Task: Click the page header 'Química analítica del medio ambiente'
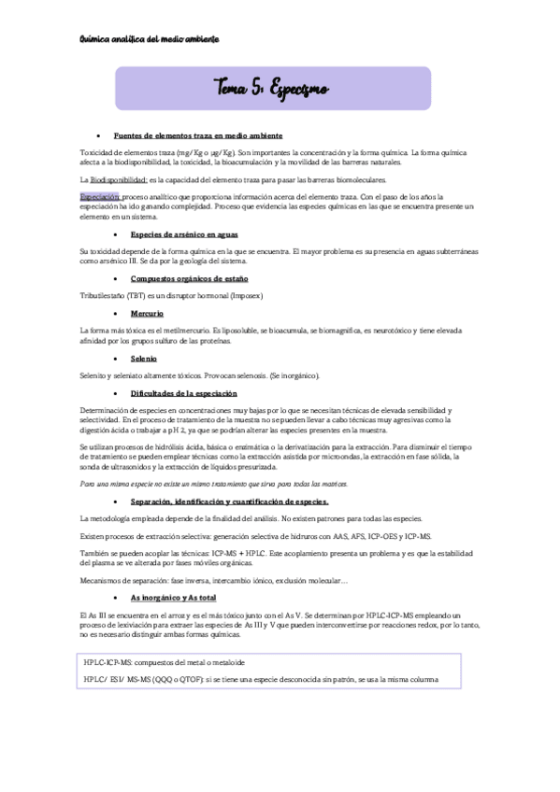150,40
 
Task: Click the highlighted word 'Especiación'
100,197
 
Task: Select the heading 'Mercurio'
147,314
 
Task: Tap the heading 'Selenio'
144,358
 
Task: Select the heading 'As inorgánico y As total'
169,596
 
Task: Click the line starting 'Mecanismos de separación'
214,581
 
